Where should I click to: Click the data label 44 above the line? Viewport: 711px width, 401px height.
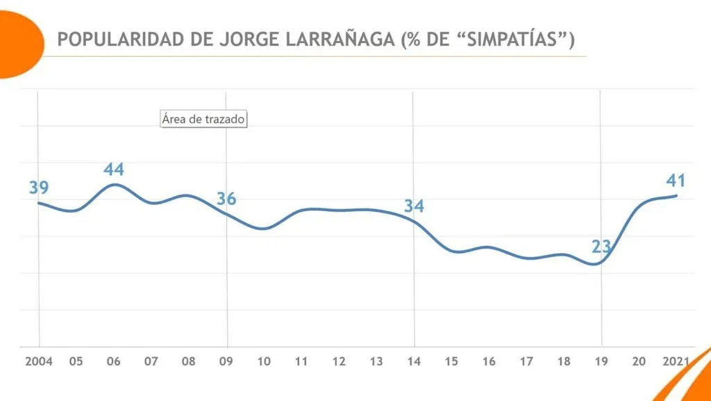click(x=114, y=170)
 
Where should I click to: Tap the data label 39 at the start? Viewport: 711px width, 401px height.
click(x=39, y=188)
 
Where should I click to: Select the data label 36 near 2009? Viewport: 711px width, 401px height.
click(x=226, y=199)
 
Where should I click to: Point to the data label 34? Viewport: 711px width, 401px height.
click(x=415, y=206)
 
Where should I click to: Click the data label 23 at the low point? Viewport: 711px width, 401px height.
click(x=601, y=247)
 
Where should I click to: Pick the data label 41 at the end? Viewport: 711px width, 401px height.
click(x=676, y=181)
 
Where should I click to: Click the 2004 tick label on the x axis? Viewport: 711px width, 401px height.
click(x=39, y=361)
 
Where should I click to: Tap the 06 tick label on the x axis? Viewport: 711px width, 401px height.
click(x=114, y=361)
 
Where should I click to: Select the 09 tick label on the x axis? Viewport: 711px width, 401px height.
click(x=226, y=361)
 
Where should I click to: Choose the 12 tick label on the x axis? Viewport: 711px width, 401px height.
click(x=339, y=361)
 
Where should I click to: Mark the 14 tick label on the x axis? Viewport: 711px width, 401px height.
click(x=415, y=361)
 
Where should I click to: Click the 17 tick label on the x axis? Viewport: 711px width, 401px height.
click(x=526, y=361)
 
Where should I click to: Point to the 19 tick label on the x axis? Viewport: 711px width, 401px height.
click(x=601, y=361)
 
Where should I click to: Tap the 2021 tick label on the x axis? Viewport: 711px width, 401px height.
click(x=676, y=361)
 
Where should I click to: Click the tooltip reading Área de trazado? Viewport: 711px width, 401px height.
click(x=203, y=119)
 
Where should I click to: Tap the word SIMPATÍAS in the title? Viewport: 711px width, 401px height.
click(x=515, y=40)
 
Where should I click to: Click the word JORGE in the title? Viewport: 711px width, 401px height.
click(x=247, y=40)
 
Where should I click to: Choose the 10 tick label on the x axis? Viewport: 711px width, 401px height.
click(x=264, y=361)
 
